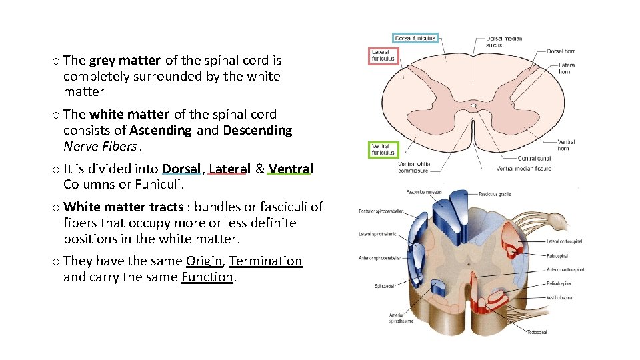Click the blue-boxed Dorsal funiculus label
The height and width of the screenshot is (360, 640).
[x=415, y=38]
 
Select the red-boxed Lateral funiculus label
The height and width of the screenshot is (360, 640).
[x=383, y=55]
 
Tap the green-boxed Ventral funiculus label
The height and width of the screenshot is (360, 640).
[x=383, y=149]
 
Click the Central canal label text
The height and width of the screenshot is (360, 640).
[x=534, y=159]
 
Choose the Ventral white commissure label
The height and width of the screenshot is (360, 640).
[x=414, y=167]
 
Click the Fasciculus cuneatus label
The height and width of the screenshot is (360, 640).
[x=423, y=193]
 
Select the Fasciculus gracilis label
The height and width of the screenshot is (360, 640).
[x=495, y=194]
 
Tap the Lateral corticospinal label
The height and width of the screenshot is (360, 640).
[x=566, y=241]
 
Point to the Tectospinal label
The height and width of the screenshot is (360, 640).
[x=537, y=331]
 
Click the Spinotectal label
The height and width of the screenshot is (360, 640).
[x=386, y=287]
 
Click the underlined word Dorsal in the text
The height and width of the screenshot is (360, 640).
[x=181, y=169]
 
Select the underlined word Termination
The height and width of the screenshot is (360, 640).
[x=265, y=261]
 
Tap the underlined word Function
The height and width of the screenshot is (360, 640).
[x=207, y=277]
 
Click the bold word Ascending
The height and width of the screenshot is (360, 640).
[x=161, y=131]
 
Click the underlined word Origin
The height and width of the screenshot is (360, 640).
[x=204, y=261]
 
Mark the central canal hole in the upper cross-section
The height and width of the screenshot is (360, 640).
[x=473, y=105]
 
